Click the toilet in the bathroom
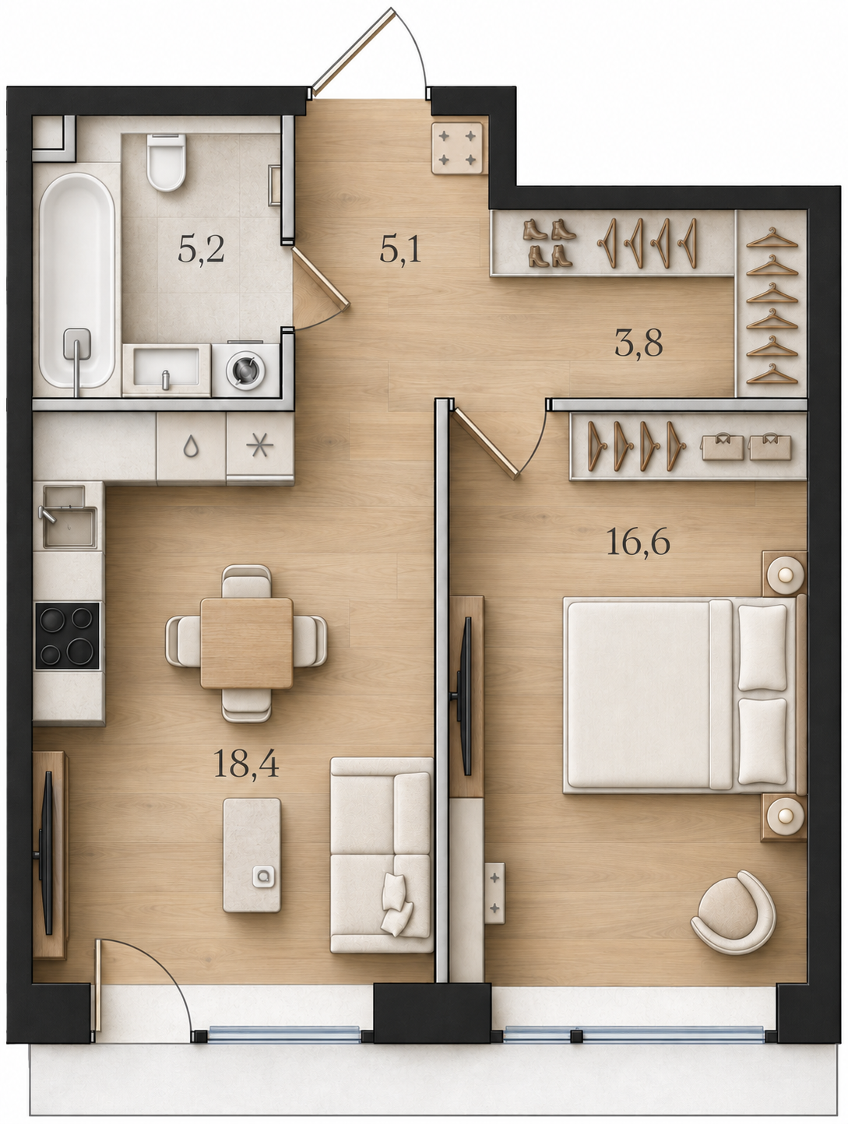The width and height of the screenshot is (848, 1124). (x=165, y=162)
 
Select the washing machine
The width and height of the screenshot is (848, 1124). (x=246, y=369)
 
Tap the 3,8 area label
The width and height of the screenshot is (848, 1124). (x=639, y=343)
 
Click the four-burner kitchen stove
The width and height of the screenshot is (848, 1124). (x=67, y=635)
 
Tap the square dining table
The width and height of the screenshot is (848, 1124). (x=246, y=643)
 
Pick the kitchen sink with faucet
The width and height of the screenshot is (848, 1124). (x=67, y=517)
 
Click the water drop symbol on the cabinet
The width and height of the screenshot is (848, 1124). (x=191, y=447)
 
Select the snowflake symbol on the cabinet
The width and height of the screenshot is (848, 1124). (x=259, y=446)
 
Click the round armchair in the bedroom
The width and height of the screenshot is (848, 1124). (x=734, y=912)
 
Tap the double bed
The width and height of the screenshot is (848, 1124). (x=684, y=695)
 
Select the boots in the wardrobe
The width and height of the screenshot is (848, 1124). (x=549, y=243)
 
